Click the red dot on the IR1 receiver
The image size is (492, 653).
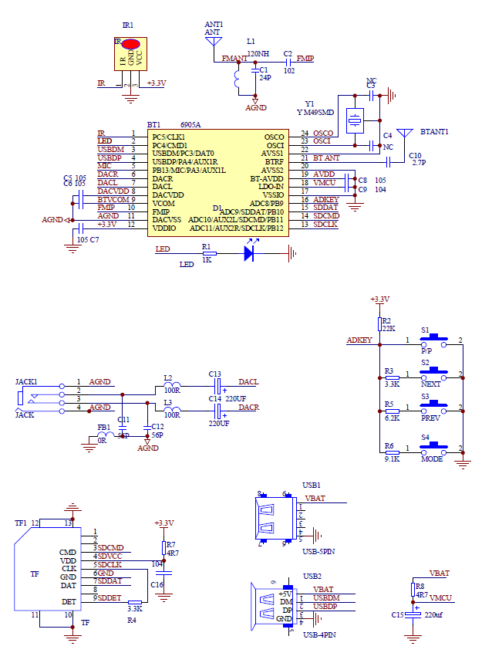pyautogui.click(x=129, y=45)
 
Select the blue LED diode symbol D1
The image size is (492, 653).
pyautogui.click(x=249, y=252)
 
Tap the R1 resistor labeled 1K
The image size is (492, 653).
pyautogui.click(x=207, y=253)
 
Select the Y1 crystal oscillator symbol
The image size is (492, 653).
pyautogui.click(x=355, y=120)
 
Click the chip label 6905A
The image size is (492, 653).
pyautogui.click(x=190, y=124)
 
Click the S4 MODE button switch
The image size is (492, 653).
pyautogui.click(x=433, y=447)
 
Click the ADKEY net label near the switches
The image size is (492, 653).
pyautogui.click(x=359, y=340)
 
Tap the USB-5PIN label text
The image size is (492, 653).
pyautogui.click(x=318, y=551)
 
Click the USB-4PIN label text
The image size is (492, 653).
pyautogui.click(x=318, y=634)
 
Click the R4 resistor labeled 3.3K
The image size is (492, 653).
pyautogui.click(x=134, y=602)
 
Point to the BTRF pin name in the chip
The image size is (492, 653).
pyautogui.click(x=274, y=161)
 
